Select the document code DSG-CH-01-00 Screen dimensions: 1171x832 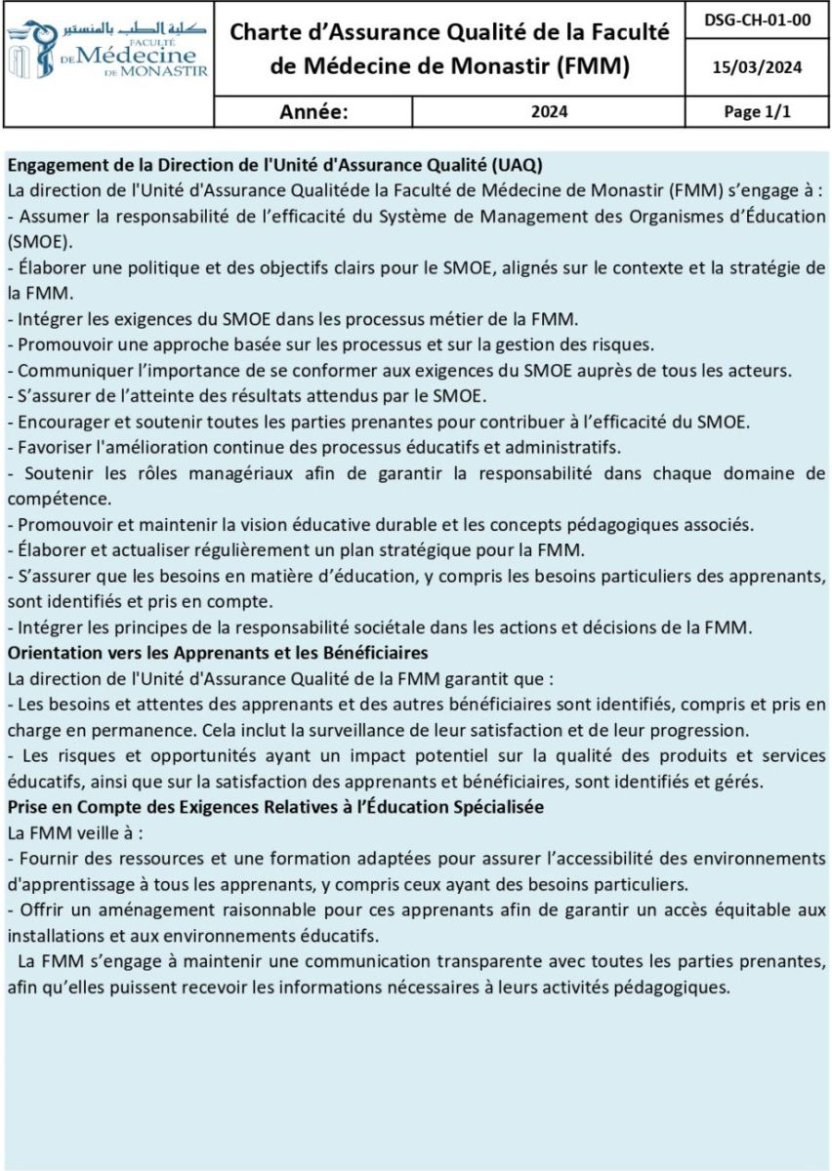point(757,20)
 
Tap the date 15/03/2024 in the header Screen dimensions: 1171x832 point(757,67)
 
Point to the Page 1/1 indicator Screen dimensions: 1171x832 point(757,111)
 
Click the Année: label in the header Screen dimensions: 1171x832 point(313,111)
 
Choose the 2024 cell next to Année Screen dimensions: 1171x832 point(549,111)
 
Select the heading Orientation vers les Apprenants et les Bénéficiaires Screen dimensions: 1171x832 point(218,652)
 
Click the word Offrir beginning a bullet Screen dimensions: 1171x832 point(42,909)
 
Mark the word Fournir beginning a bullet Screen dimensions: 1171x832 point(48,858)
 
